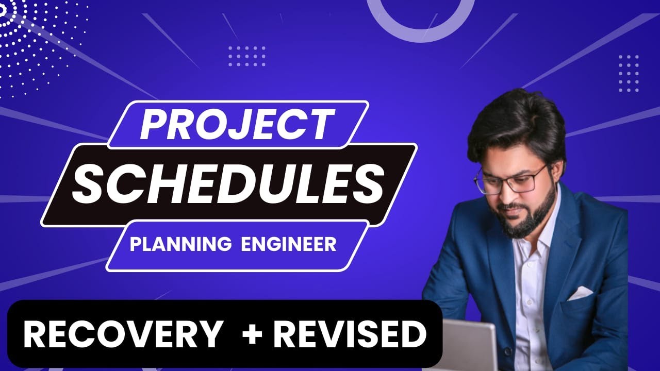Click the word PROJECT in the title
click(x=235, y=125)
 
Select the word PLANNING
click(x=180, y=244)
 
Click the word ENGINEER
click(x=289, y=244)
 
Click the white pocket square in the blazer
click(x=580, y=293)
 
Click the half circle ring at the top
click(x=420, y=21)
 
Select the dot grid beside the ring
click(x=247, y=56)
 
